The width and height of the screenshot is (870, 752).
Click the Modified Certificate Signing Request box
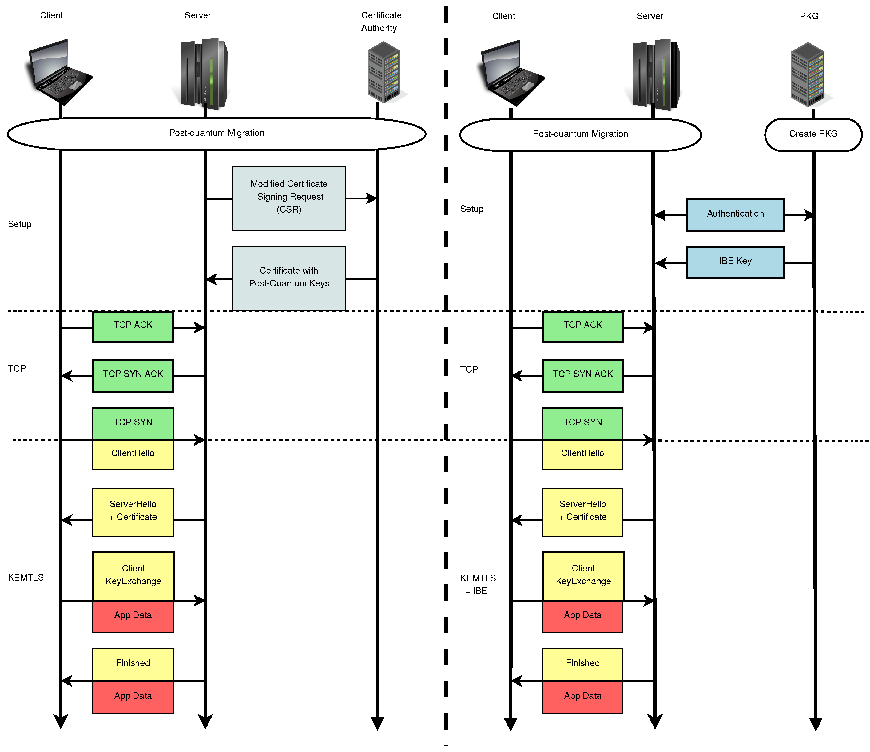point(289,198)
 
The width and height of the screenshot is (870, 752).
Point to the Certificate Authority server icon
point(384,72)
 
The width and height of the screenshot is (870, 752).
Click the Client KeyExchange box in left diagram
point(133,576)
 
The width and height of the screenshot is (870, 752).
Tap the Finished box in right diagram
point(582,664)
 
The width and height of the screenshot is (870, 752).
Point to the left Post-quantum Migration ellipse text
point(217,133)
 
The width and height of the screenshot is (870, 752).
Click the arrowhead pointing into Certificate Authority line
point(371,198)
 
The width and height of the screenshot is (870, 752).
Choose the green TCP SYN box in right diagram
point(582,423)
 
